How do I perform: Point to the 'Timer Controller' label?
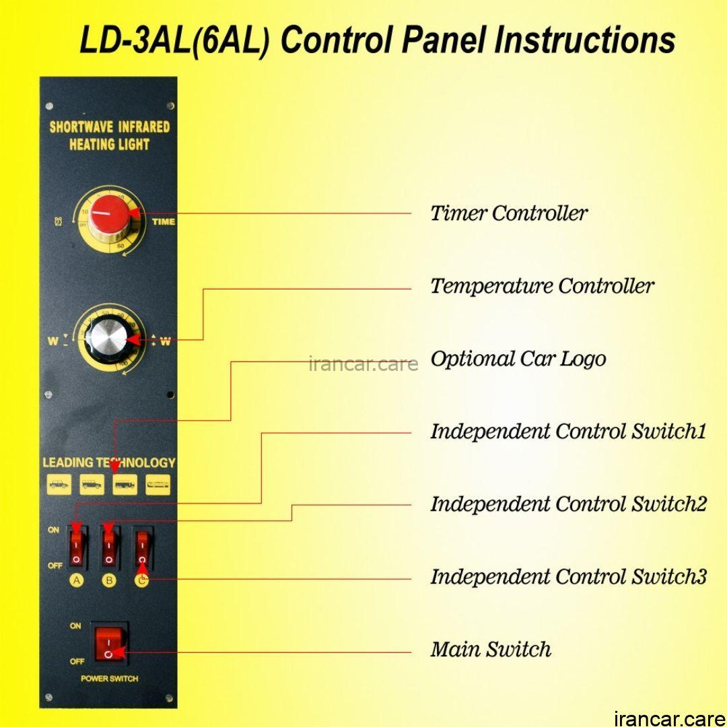click(x=509, y=213)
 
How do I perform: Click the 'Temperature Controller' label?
click(x=542, y=286)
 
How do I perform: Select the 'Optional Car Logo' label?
click(x=518, y=359)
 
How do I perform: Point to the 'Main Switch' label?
click(x=491, y=650)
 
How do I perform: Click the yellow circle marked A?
click(x=77, y=581)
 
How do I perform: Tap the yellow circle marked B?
click(x=109, y=581)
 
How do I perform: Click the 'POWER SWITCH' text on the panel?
click(x=109, y=679)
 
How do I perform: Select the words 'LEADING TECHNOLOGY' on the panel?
click(x=109, y=462)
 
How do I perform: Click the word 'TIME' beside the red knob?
click(x=164, y=221)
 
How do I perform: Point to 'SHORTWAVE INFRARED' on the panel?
click(x=110, y=127)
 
